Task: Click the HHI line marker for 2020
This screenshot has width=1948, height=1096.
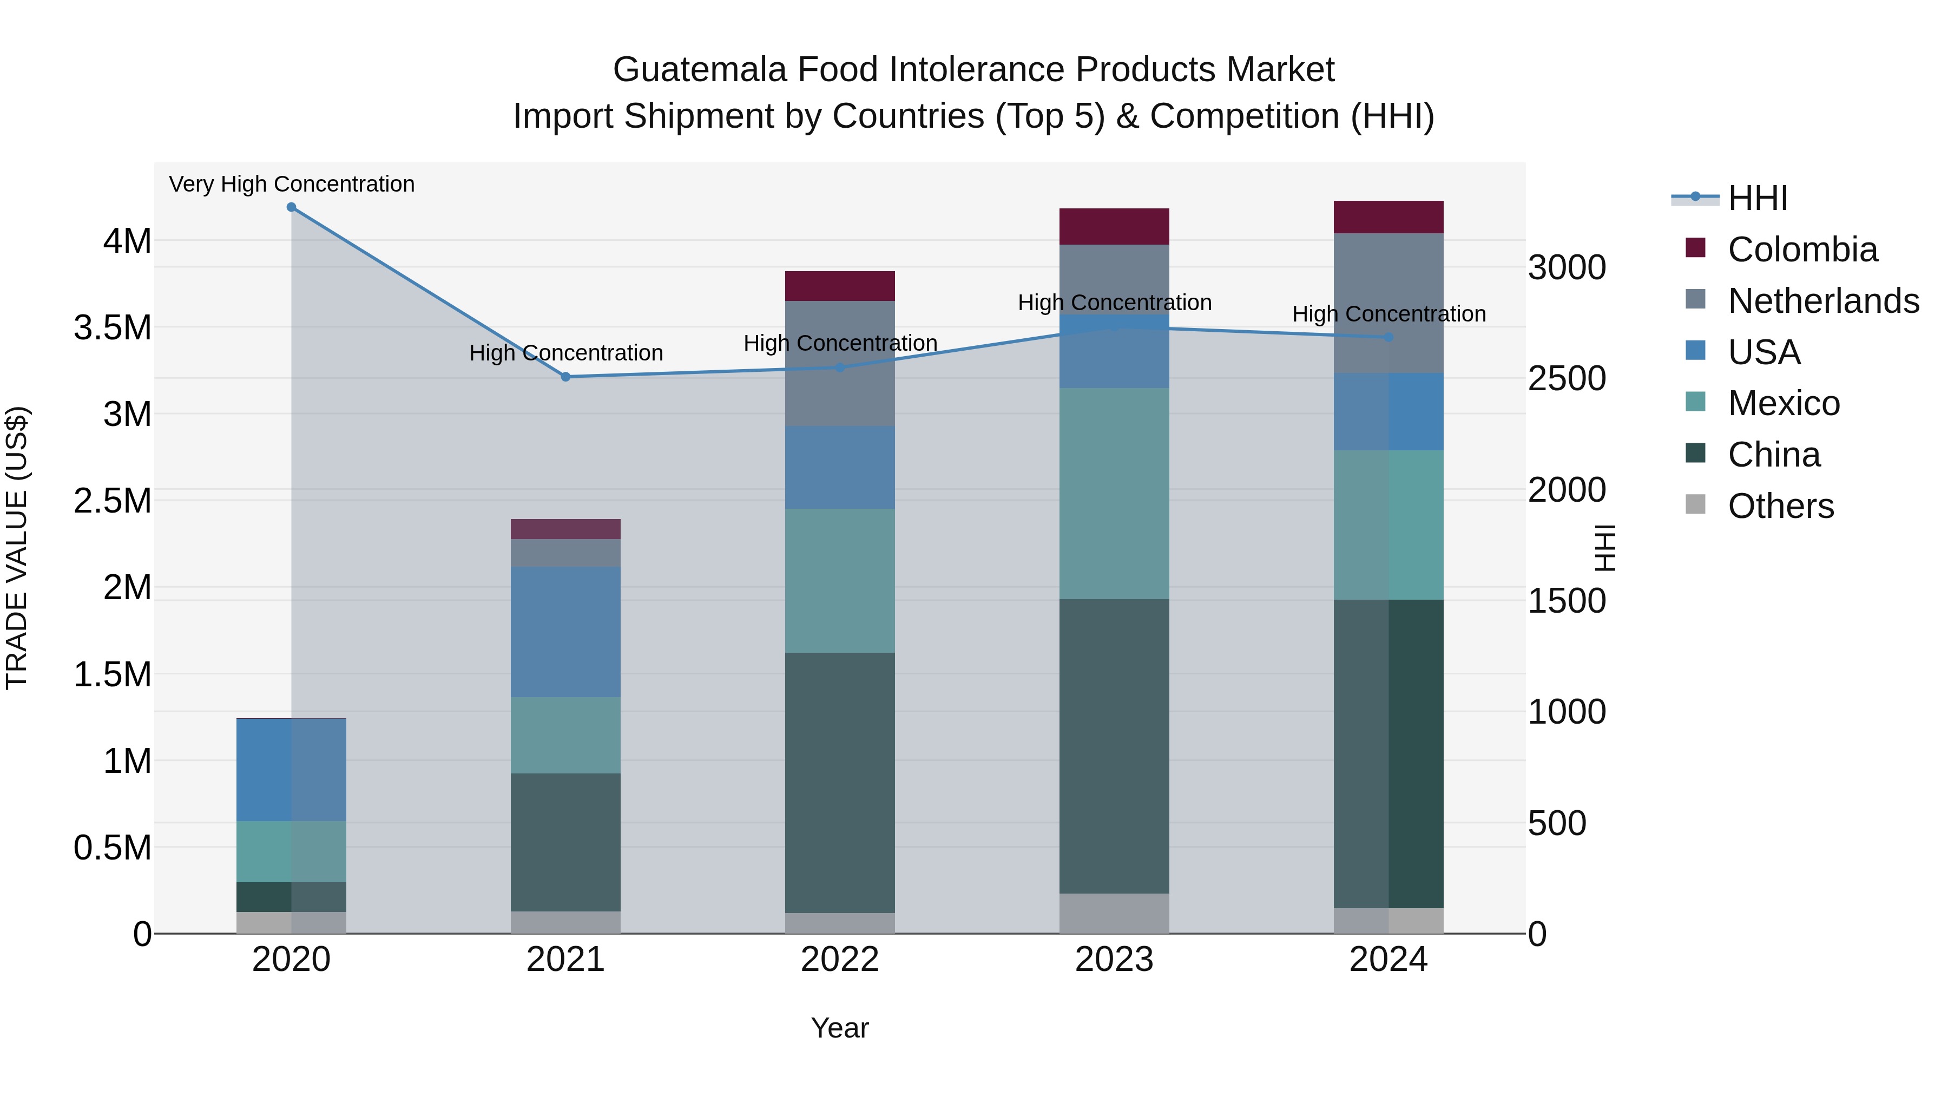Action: tap(291, 207)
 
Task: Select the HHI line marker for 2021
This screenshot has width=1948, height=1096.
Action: tap(565, 377)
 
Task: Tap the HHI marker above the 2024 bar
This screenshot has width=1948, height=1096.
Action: tap(1388, 337)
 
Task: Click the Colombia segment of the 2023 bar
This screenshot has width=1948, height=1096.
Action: tap(1114, 226)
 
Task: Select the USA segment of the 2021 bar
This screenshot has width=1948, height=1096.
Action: tap(565, 632)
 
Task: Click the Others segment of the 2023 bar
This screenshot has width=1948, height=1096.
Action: tap(1114, 913)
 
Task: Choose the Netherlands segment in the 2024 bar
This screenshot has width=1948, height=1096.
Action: tap(1388, 303)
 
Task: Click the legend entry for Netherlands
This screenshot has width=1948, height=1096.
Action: tap(1822, 301)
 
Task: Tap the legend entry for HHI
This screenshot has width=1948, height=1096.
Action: tap(1758, 198)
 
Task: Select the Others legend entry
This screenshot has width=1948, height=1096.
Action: tap(1780, 506)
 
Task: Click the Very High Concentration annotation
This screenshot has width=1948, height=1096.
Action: tap(291, 184)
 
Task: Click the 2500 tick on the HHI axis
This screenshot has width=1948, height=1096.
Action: tap(1567, 379)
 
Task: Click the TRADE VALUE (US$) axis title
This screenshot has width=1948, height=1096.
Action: tap(17, 548)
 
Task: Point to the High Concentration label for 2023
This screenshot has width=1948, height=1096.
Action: tap(1114, 303)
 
